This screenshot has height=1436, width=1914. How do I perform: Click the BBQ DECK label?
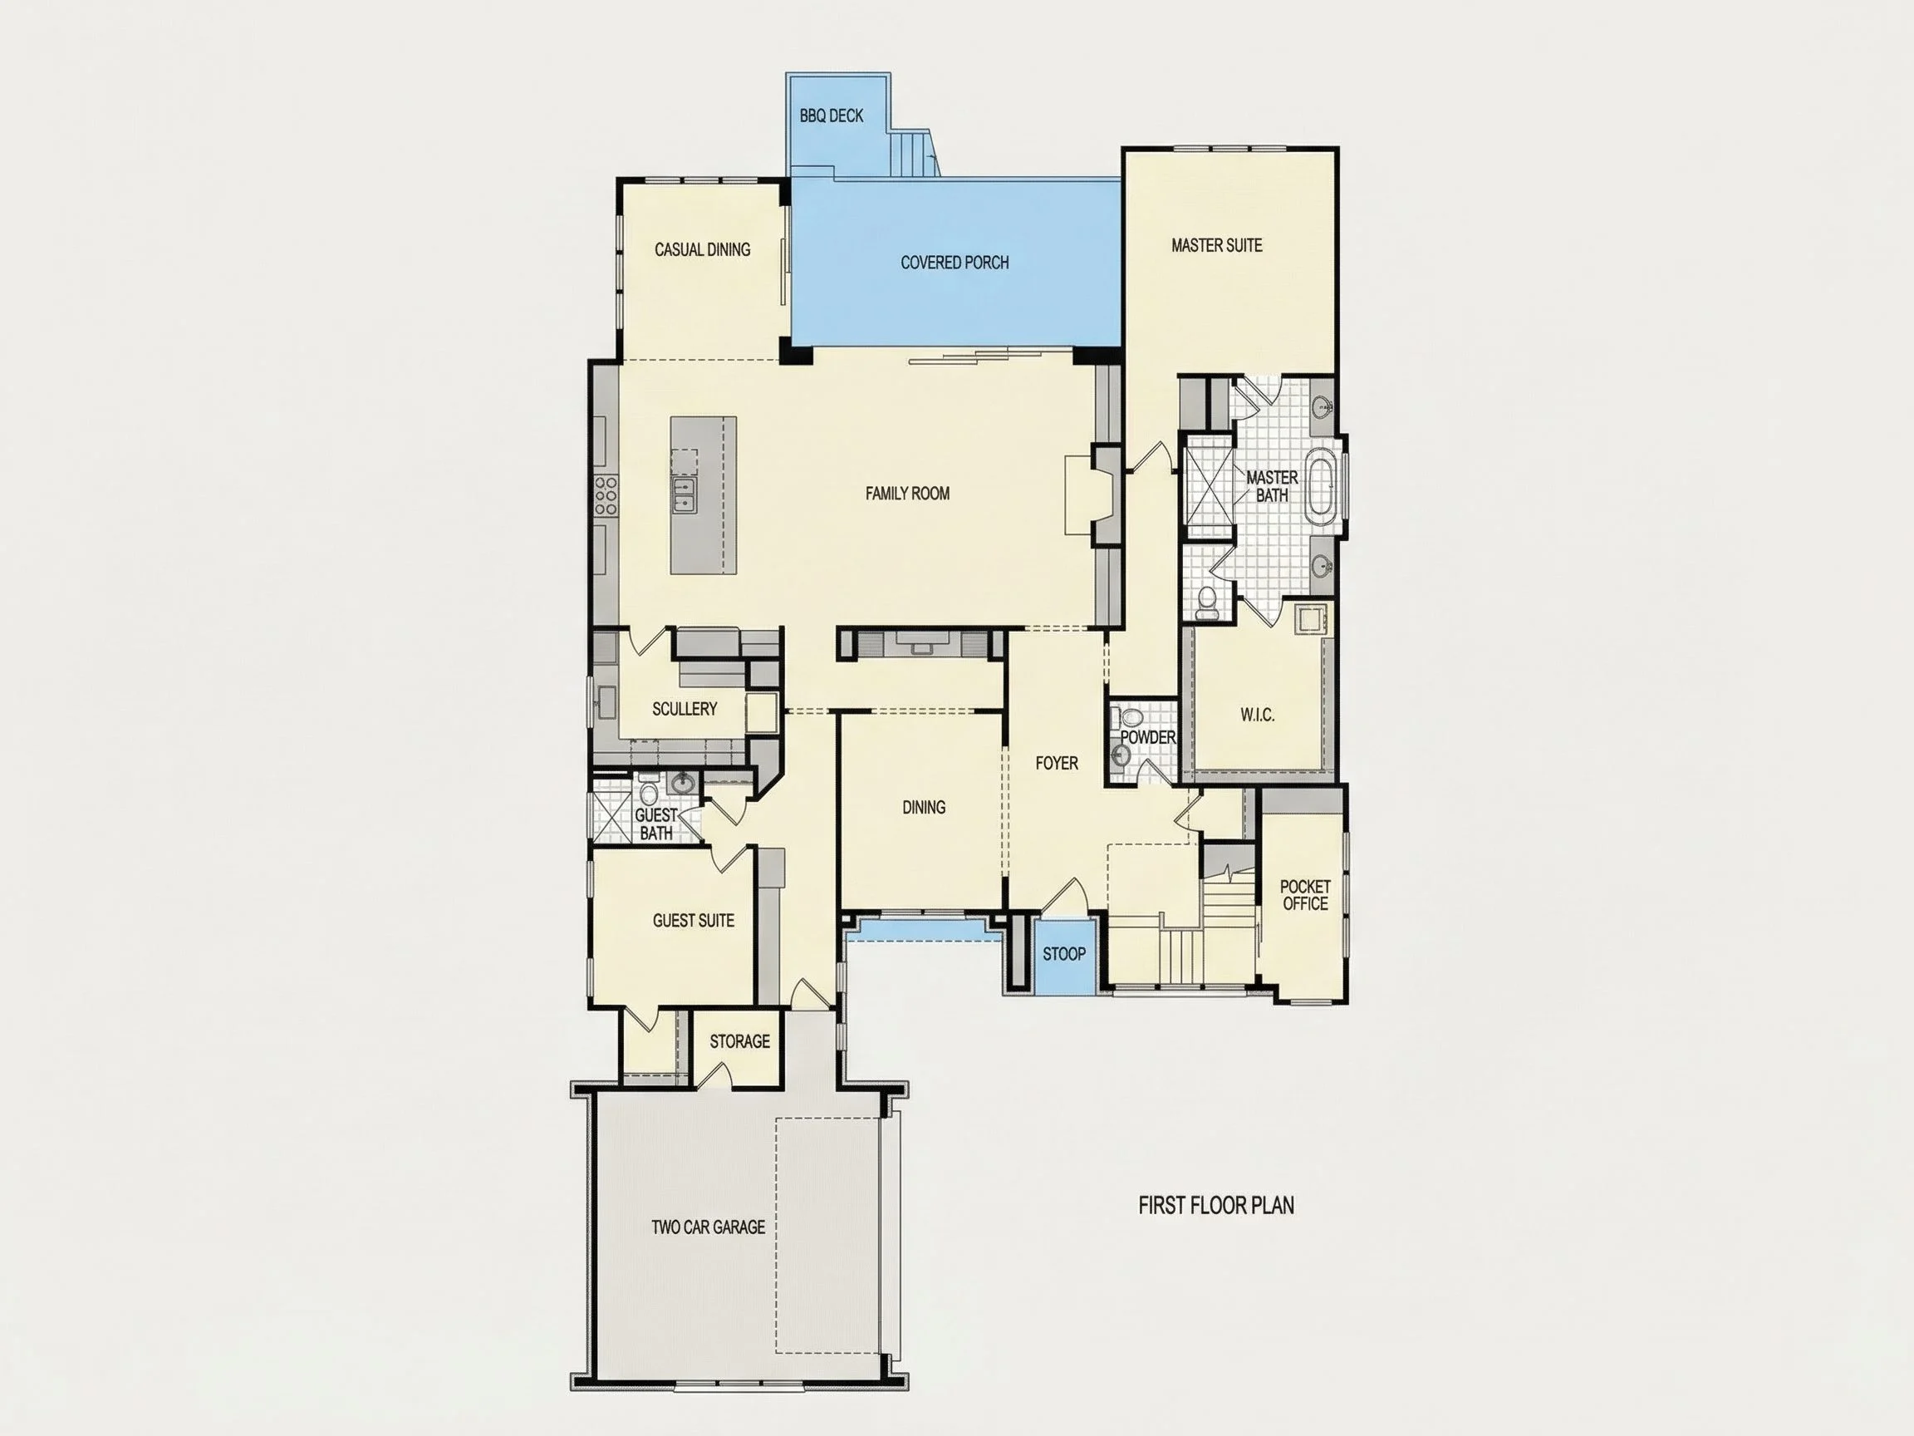(831, 116)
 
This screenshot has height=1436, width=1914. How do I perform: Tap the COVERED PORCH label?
(955, 263)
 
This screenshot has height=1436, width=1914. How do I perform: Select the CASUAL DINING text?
(702, 249)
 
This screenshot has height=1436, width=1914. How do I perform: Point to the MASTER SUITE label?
(1215, 246)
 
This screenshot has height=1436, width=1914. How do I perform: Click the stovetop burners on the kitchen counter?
(606, 496)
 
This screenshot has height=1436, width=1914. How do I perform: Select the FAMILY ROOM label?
(907, 494)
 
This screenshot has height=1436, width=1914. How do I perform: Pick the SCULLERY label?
(684, 709)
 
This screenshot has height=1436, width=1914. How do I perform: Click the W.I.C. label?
(1256, 715)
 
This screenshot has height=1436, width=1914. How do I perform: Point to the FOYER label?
(1057, 764)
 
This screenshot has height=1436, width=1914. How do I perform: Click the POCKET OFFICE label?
(1305, 895)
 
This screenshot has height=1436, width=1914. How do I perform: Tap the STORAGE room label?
(739, 1041)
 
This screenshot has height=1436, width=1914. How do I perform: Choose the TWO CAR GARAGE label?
(708, 1227)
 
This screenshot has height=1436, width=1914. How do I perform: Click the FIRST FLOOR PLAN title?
(1215, 1205)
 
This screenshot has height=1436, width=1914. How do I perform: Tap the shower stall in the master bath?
(1208, 481)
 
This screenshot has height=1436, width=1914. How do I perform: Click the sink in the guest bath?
(683, 784)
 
